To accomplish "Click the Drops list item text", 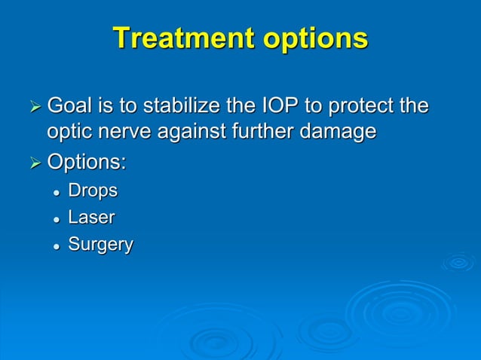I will tap(93, 191).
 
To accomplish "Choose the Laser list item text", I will tap(92, 218).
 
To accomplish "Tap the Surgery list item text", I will tap(101, 245).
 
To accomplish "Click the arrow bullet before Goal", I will tap(35, 107).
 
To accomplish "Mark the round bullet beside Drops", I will tap(57, 192).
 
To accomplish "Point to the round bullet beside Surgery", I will tap(57, 246).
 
